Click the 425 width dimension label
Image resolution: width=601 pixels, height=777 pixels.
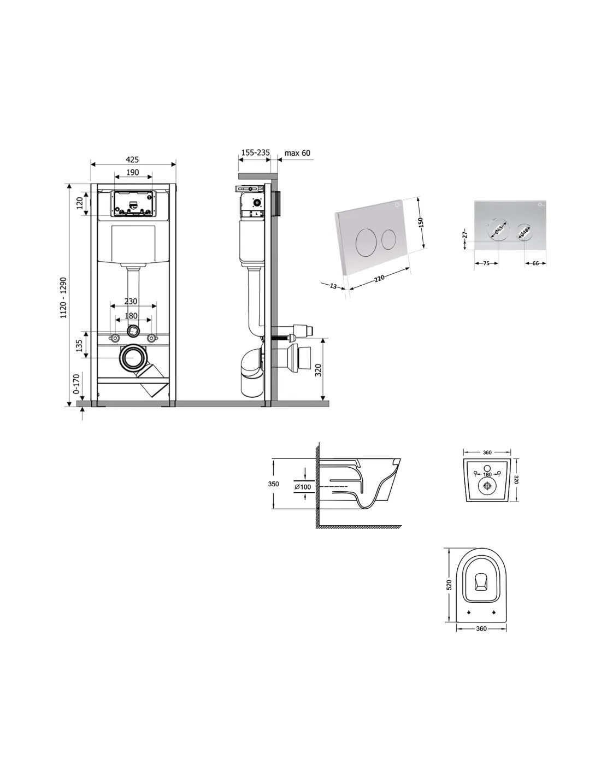tap(132, 159)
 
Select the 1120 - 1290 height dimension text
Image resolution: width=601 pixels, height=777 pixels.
tap(63, 297)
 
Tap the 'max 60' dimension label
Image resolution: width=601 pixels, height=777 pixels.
tap(297, 153)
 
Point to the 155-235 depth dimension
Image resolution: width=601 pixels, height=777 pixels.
tap(255, 152)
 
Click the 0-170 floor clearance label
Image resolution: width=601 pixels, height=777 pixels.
tap(76, 384)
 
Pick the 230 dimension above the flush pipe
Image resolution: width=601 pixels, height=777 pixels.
tap(131, 301)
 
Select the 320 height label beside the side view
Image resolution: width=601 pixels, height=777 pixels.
tap(319, 370)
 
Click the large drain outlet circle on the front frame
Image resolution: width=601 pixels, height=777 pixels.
tap(134, 358)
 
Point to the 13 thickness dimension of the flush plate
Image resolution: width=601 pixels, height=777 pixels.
tap(333, 286)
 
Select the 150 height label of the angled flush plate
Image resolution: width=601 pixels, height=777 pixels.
tap(421, 222)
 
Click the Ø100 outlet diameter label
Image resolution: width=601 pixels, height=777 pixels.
tap(303, 487)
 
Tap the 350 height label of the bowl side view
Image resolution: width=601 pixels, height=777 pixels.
tap(274, 484)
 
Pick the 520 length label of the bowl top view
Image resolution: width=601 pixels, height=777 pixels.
tap(450, 584)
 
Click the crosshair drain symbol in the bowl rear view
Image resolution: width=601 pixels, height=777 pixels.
tap(487, 486)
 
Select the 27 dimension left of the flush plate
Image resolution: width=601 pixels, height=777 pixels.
tap(465, 234)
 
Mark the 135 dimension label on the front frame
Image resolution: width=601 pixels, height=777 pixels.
tap(79, 345)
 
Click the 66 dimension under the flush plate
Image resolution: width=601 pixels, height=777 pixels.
tap(535, 263)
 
